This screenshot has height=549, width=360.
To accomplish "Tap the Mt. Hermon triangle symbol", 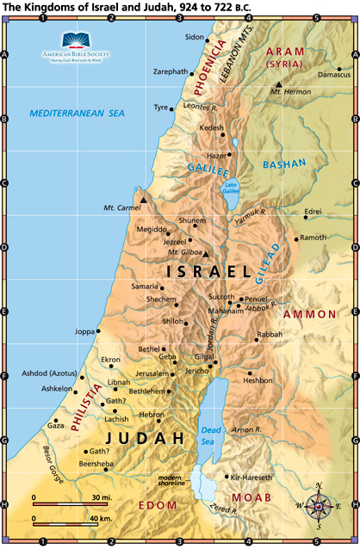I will pos(278,83).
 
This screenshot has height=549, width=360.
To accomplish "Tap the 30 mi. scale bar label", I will pos(98,498).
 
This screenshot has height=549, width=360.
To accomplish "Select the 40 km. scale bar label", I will pos(100,519).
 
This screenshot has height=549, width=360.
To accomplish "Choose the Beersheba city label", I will pos(96,464).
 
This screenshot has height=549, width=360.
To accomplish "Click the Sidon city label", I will pos(195,38).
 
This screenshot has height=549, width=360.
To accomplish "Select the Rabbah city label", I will pos(270,334).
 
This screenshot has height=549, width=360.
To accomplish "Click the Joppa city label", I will pos(84,331).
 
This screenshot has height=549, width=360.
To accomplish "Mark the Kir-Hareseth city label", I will pos(251,477).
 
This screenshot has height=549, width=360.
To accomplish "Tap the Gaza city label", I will pos(55,425).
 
